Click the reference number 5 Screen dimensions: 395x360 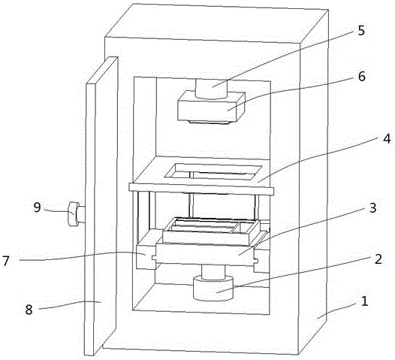pyautogui.click(x=361, y=31)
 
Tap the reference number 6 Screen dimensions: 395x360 pyautogui.click(x=362, y=76)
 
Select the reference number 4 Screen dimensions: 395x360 pyautogui.click(x=387, y=138)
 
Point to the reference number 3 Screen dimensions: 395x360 pyautogui.click(x=372, y=207)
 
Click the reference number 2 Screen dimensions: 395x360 pyautogui.click(x=378, y=259)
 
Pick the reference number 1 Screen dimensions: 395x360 pyautogui.click(x=364, y=301)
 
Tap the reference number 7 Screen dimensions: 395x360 pyautogui.click(x=6, y=261)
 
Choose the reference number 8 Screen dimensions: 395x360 pyautogui.click(x=29, y=310)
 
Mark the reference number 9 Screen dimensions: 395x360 pyautogui.click(x=37, y=207)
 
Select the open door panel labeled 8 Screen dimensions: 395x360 pyautogui.click(x=102, y=205)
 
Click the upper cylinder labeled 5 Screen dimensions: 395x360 pyautogui.click(x=211, y=89)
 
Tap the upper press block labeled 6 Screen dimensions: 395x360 pyautogui.click(x=211, y=107)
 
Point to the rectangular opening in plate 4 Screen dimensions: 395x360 pyautogui.click(x=213, y=172)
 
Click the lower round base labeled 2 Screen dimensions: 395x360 pyautogui.click(x=213, y=288)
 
